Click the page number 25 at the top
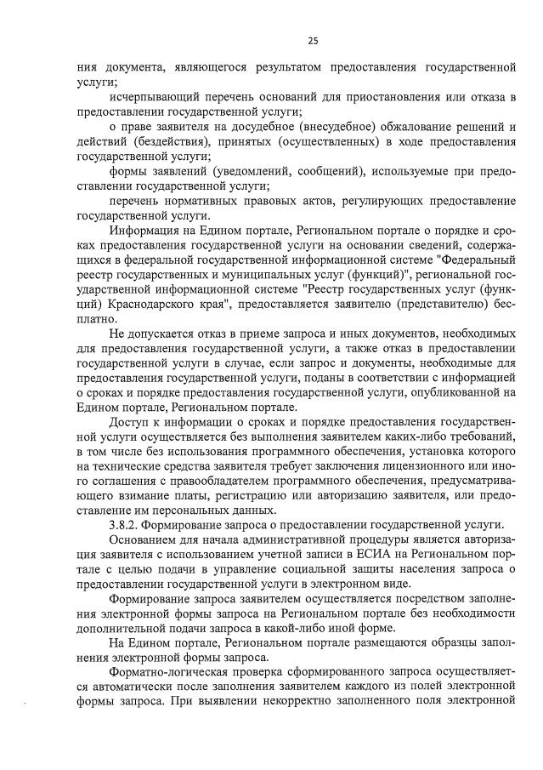tap(313, 40)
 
